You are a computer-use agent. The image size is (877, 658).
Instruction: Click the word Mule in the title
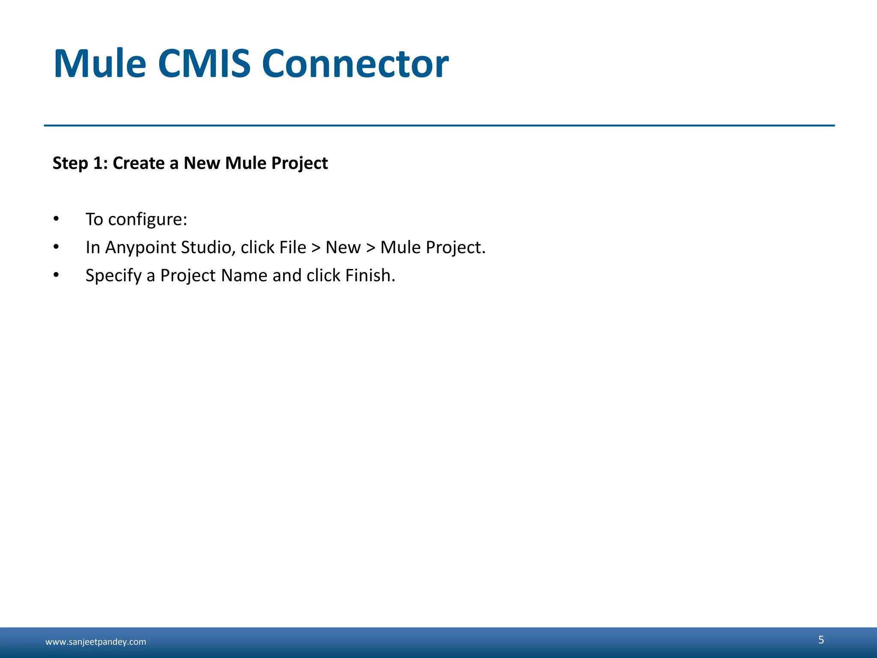(100, 64)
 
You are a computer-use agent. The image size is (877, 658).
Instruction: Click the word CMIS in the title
(204, 64)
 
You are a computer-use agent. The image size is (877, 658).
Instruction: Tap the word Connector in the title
(355, 64)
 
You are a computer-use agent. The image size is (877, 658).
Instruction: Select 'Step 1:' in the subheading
(80, 163)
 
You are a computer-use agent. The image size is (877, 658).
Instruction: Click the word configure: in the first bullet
(148, 219)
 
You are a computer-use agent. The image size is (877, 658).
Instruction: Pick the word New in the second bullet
(343, 248)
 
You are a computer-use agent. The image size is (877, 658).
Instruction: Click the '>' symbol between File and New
(316, 248)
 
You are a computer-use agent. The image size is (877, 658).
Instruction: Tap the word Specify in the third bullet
(113, 275)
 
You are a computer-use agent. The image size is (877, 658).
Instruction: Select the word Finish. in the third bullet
(370, 275)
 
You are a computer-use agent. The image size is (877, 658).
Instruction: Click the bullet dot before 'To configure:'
(56, 219)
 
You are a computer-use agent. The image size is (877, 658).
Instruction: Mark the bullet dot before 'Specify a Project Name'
(56, 275)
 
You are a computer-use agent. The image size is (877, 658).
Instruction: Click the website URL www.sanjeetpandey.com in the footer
(95, 642)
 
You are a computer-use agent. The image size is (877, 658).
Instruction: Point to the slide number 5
(821, 640)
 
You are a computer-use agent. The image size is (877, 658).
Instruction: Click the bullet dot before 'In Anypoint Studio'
(56, 247)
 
